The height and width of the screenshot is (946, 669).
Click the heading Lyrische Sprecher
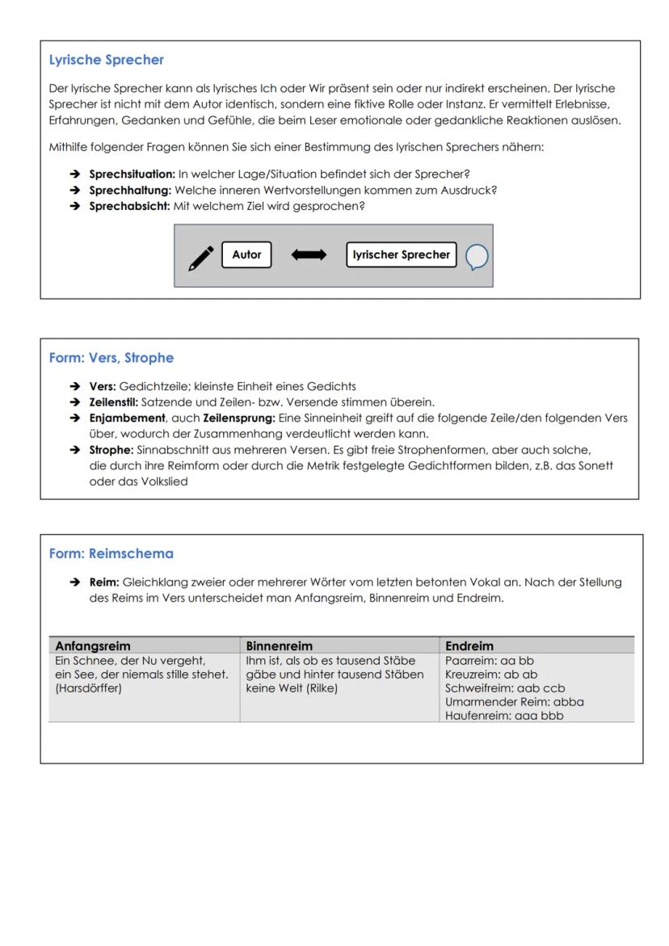tap(106, 60)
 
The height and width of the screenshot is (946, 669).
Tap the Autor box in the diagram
tap(246, 254)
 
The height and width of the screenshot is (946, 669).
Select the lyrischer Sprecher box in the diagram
tap(401, 254)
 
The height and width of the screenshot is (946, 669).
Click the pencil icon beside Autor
tap(201, 257)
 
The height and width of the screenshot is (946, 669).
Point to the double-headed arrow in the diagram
tap(309, 254)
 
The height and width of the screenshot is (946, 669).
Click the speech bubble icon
tap(477, 257)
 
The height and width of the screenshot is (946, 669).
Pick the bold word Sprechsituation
tap(132, 174)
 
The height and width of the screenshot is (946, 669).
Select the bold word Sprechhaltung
tap(130, 190)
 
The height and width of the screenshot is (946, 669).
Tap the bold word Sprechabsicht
tap(129, 206)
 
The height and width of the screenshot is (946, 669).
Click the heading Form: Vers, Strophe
tap(111, 358)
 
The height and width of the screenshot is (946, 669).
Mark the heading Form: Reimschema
tap(111, 553)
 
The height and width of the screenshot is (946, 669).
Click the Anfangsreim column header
tap(92, 645)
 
